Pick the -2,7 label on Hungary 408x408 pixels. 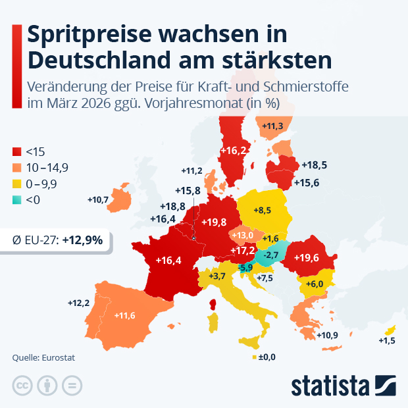click(270, 255)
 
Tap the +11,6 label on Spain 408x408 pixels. click(124, 316)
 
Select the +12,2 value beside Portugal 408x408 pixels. click(78, 303)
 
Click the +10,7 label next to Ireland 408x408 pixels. click(97, 199)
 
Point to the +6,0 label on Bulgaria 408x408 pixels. click(314, 284)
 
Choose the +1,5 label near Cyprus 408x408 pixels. click(387, 340)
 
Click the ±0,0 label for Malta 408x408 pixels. click(266, 357)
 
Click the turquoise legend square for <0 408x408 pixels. click(18, 201)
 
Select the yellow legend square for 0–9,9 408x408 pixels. click(18, 184)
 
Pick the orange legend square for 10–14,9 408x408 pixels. click(18, 168)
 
